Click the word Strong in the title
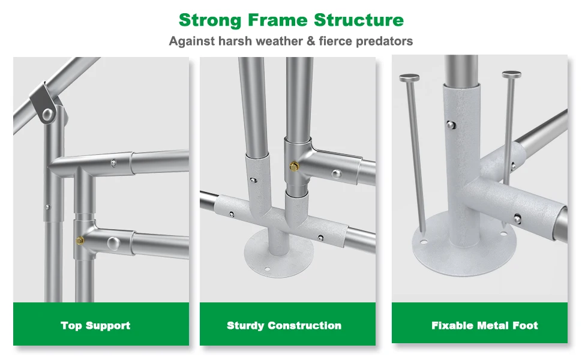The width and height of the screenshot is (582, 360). click(x=210, y=20)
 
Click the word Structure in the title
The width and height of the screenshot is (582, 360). click(x=359, y=20)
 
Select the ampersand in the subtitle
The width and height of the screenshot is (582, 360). click(x=311, y=41)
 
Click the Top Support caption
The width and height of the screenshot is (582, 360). click(x=95, y=325)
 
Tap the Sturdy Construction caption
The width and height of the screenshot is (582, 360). click(x=284, y=325)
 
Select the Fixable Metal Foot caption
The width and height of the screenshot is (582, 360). click(x=484, y=325)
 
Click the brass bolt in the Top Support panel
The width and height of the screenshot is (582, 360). click(x=80, y=241)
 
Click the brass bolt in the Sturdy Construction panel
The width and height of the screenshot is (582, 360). click(x=295, y=166)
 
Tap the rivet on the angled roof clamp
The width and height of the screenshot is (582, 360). click(x=47, y=115)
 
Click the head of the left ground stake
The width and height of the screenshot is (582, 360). click(x=409, y=78)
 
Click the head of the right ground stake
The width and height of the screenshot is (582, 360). click(x=511, y=74)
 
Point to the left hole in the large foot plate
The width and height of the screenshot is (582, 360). click(x=424, y=242)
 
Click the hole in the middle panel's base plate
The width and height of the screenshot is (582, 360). click(x=268, y=268)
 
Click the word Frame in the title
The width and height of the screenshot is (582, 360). click(x=278, y=20)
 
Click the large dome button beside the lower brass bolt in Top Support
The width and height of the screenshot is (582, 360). click(x=113, y=244)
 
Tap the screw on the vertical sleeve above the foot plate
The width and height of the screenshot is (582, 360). click(x=451, y=125)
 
